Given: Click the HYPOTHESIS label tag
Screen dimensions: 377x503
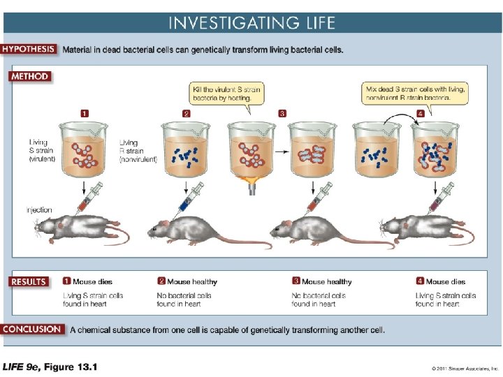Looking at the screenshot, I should tap(30, 50).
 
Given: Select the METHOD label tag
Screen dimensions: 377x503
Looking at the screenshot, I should tap(29, 76).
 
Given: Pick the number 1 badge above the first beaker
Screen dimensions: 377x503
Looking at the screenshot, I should tap(85, 112).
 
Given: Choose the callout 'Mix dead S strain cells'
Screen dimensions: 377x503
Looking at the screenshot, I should tap(415, 94).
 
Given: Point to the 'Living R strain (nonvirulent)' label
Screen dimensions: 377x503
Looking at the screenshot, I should tap(138, 150).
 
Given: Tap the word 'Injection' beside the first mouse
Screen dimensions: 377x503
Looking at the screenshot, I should tap(38, 210).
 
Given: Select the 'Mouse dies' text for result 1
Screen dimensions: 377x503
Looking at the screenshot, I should tap(92, 282).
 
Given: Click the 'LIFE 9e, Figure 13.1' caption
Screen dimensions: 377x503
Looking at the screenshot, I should tap(50, 367).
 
